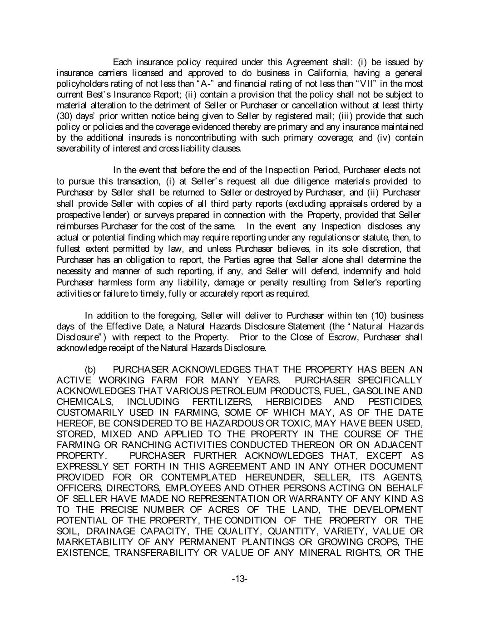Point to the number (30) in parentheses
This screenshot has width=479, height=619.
coord(64,117)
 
